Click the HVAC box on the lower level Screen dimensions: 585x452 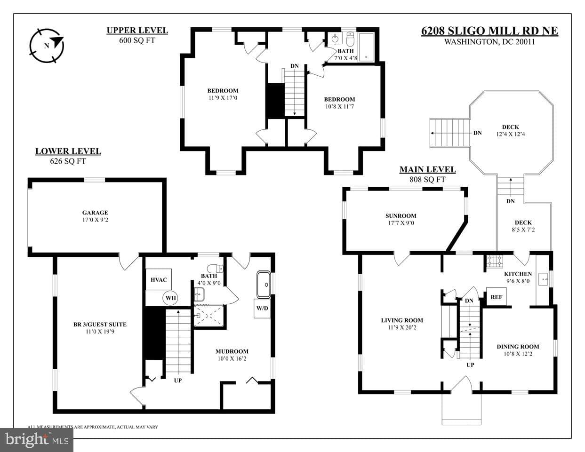tap(159, 279)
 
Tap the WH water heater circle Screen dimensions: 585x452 tap(170, 298)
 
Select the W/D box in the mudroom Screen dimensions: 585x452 tap(262, 308)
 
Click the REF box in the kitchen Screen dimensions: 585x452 tap(496, 297)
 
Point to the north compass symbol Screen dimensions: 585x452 tap(47, 46)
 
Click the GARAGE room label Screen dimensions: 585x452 tap(95, 213)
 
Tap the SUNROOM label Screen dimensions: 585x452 tap(401, 216)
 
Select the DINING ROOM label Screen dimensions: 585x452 tap(518, 347)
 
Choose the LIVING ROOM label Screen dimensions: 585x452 tap(402, 320)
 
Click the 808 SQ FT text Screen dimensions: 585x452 tap(427, 180)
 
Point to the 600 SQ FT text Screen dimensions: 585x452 tap(137, 40)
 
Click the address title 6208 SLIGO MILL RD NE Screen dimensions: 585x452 tap(489, 31)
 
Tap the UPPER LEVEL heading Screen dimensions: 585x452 tap(137, 31)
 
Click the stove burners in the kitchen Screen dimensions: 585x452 tap(495, 261)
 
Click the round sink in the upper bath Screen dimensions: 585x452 tap(335, 39)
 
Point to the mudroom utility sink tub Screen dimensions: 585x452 tap(264, 285)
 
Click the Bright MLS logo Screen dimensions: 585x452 tap(37, 440)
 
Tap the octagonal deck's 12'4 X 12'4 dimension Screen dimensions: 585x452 tap(511, 134)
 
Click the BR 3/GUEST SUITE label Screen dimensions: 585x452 tap(100, 325)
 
